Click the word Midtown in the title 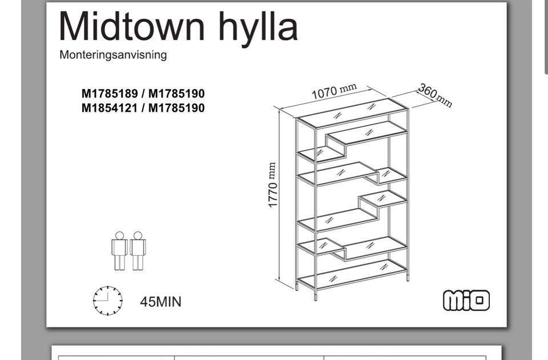coord(132,27)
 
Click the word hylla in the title coord(259,29)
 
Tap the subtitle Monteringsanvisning coord(113,55)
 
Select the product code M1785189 coord(110,94)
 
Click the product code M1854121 coord(110,108)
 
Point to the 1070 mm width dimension coord(334,91)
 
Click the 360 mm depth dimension coord(435,95)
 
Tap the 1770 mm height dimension coord(272,184)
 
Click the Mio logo coord(466,300)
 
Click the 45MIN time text coord(161,302)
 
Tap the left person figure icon coord(119,250)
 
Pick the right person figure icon coord(138,250)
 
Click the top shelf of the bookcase coord(352,113)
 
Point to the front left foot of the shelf coord(315,297)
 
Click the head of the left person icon coord(119,236)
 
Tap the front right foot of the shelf coord(408,278)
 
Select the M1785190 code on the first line coord(176,94)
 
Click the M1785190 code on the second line coord(176,108)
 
